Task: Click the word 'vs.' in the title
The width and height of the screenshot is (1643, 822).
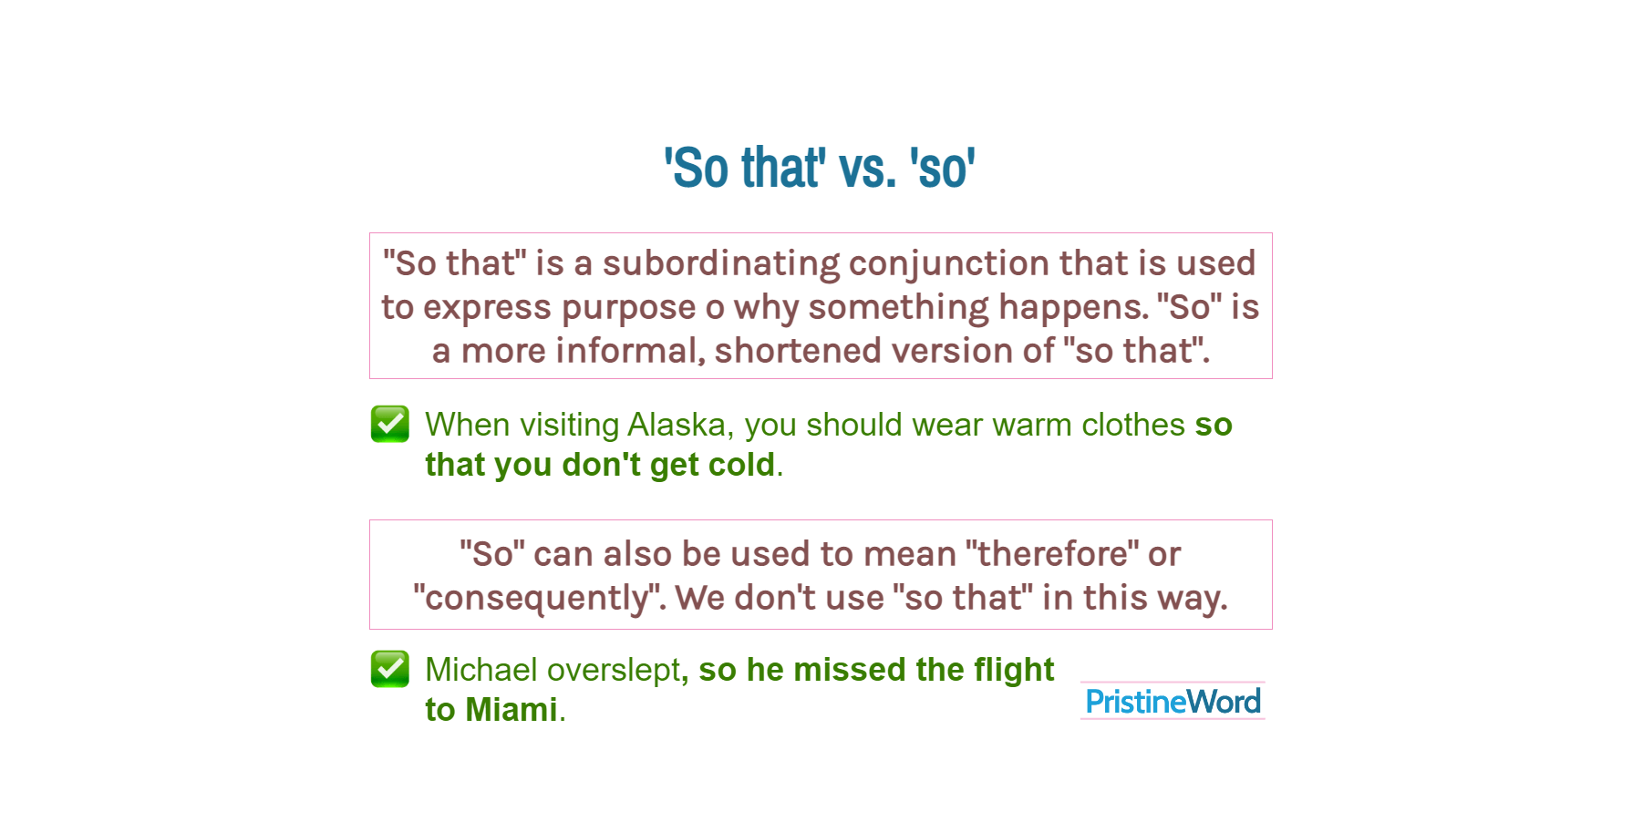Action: [x=866, y=169]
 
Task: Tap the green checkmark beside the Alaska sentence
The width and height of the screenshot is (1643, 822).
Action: [x=390, y=424]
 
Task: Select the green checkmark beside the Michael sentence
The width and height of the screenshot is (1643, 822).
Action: [x=390, y=669]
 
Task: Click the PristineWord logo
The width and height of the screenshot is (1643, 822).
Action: [x=1173, y=701]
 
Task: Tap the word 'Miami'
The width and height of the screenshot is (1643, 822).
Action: [x=511, y=710]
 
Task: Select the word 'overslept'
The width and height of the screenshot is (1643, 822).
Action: [x=614, y=670]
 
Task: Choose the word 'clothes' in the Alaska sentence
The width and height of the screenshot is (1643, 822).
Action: [x=1133, y=425]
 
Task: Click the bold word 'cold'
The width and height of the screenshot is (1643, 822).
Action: [x=742, y=465]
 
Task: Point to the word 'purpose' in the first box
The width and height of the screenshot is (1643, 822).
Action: [x=628, y=308]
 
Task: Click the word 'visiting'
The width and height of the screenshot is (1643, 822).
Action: [x=570, y=425]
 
